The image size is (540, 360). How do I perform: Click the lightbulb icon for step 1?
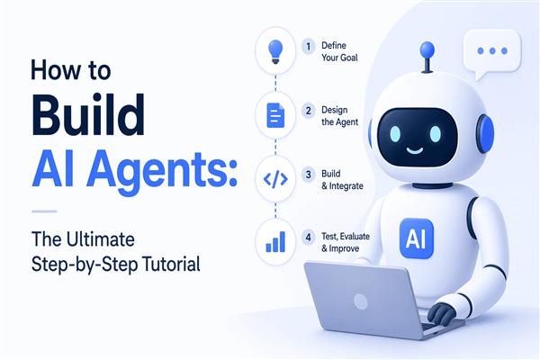click(275, 51)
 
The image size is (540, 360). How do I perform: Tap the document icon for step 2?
click(275, 115)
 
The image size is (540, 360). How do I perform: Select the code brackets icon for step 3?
click(275, 179)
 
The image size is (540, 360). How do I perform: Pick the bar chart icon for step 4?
click(275, 242)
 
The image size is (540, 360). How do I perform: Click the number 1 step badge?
click(308, 47)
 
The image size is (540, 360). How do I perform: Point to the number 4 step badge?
click(308, 238)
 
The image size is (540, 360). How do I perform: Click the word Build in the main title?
click(88, 114)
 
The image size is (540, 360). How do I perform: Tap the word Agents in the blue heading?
click(161, 171)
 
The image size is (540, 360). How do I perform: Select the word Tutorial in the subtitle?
click(171, 265)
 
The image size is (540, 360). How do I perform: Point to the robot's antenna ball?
click(427, 50)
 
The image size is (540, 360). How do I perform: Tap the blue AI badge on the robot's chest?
click(416, 238)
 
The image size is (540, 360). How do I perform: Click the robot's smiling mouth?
click(414, 150)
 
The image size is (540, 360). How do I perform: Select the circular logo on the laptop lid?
click(361, 301)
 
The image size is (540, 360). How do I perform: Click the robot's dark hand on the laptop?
click(442, 312)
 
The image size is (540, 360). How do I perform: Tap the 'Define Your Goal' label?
click(339, 51)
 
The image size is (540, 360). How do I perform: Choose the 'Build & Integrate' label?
click(342, 180)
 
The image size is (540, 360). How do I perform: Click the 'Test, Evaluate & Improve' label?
click(345, 242)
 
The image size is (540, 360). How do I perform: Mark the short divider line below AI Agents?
click(44, 211)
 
